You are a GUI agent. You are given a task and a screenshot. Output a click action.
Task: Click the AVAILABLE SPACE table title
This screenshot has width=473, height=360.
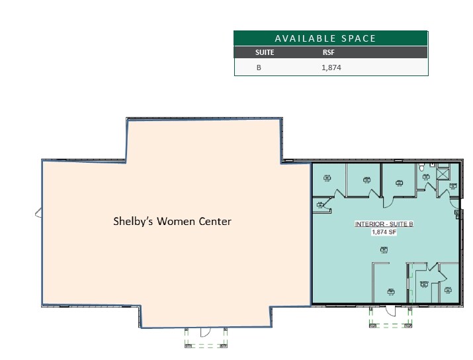tap(325, 38)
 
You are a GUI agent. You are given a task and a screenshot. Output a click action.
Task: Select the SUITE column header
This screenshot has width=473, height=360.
tap(265, 52)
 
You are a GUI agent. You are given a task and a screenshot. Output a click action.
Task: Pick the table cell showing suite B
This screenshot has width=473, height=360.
tap(259, 67)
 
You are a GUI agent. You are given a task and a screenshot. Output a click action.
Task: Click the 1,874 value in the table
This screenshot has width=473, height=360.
tap(331, 67)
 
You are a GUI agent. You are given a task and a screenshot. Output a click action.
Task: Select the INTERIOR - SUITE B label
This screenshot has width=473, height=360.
tap(384, 224)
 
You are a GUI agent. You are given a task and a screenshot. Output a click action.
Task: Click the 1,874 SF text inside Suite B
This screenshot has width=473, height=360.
tap(384, 232)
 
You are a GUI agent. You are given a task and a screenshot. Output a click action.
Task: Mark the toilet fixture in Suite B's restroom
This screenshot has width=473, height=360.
tap(421, 169)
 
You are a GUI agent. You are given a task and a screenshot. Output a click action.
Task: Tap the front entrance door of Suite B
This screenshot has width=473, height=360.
tap(390, 310)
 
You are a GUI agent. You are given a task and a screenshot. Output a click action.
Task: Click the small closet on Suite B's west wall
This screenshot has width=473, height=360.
tap(322, 206)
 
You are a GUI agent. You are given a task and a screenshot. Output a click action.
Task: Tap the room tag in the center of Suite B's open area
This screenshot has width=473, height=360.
tap(384, 249)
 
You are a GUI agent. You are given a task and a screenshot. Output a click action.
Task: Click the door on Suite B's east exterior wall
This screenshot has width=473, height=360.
tap(458, 213)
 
